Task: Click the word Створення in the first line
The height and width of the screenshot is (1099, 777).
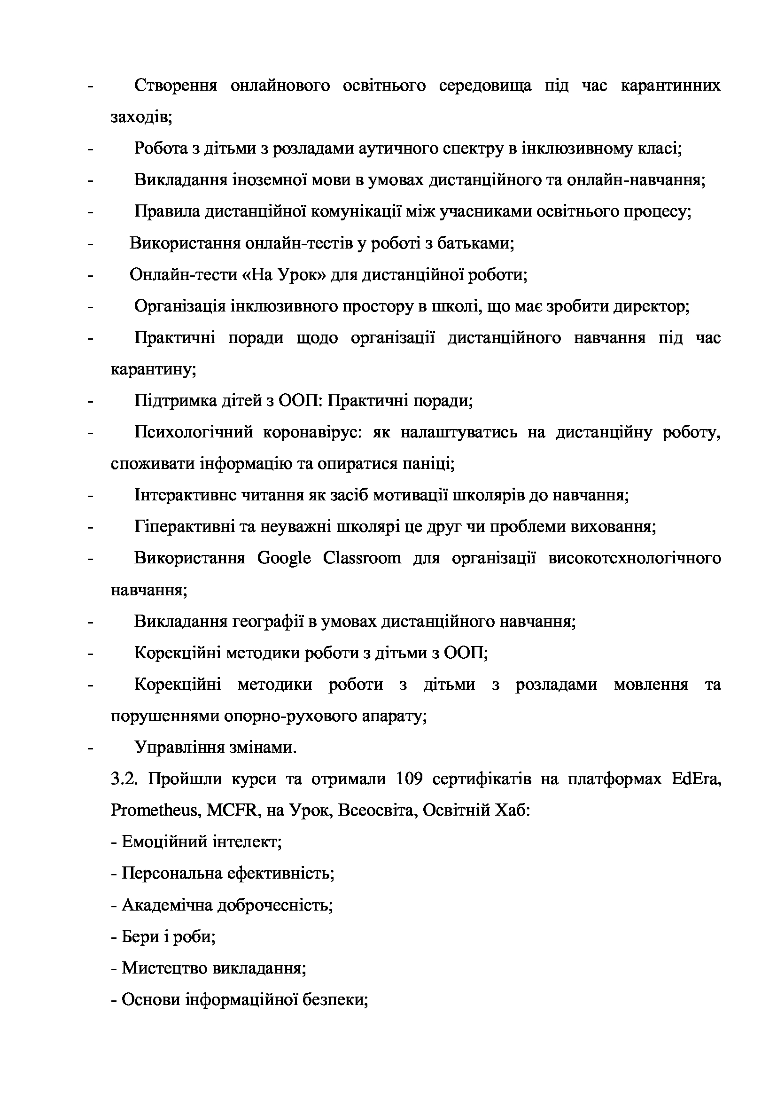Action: tap(176, 86)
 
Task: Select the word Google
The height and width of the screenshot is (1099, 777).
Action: tap(284, 559)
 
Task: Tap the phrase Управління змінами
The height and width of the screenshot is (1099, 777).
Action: tap(215, 748)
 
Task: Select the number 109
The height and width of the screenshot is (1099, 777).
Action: tap(410, 779)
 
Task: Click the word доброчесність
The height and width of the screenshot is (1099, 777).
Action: tap(275, 905)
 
